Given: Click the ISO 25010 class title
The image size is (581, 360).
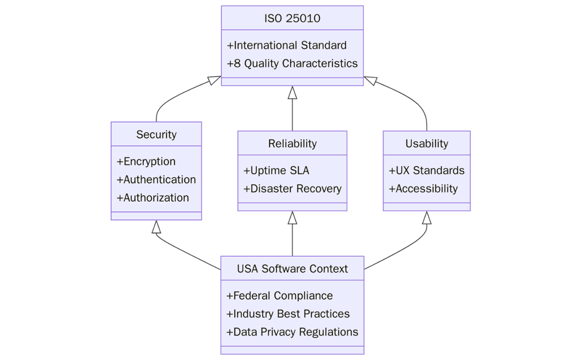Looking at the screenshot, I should [x=292, y=19].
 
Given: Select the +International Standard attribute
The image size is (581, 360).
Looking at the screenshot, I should [x=286, y=45].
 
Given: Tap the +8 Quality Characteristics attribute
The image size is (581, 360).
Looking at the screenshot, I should [x=292, y=63].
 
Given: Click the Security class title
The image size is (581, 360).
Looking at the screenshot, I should [x=156, y=134].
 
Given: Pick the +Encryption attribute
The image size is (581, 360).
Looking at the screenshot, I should [x=146, y=161].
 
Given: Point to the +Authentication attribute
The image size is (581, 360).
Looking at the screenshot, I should [x=156, y=179].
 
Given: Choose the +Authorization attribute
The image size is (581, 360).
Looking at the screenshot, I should [x=153, y=197].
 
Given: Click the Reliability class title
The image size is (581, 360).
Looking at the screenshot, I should [x=292, y=143].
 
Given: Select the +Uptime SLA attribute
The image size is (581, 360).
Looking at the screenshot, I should [x=276, y=171].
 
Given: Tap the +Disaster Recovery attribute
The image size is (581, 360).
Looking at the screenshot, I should [x=292, y=189].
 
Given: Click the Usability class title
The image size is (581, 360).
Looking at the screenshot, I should [x=426, y=143].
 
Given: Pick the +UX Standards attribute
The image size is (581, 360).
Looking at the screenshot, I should [x=426, y=171].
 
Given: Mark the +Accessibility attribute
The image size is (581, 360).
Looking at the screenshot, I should [x=423, y=189].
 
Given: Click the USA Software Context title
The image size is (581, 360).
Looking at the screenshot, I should [x=292, y=268].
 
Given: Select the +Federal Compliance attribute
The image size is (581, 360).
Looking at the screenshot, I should [x=280, y=296].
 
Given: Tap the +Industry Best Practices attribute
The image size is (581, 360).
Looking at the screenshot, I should [x=288, y=314].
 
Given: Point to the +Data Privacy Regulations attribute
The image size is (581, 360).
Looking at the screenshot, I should [x=292, y=332].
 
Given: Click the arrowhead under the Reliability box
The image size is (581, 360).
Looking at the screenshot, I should [x=292, y=218].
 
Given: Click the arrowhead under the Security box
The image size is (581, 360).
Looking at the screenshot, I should [x=156, y=227].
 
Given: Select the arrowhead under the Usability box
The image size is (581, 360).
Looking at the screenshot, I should [x=426, y=218].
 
